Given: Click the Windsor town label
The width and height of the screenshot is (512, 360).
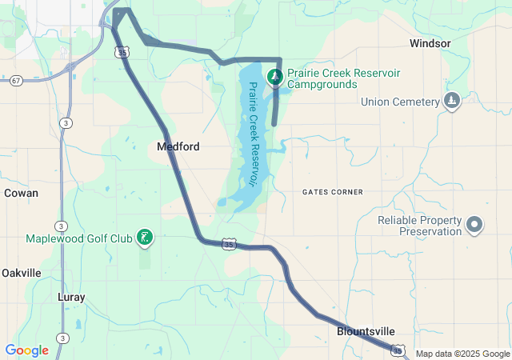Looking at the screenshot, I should coord(430,43).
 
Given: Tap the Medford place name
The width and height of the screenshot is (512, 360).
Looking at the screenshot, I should coord(178,147).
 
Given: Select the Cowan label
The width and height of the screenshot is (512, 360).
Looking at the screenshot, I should coord(21,193).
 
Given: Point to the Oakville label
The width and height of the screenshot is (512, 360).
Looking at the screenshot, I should coord(21,273).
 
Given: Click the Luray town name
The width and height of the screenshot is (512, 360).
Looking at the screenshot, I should coord(71,297).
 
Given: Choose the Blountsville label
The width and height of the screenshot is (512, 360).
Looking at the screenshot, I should coord(365,331).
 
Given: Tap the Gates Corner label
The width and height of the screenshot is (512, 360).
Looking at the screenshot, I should coord(333,192).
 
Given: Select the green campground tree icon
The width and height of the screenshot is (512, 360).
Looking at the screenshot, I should coord(275,77).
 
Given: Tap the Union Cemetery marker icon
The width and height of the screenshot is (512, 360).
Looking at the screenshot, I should coord(452,102).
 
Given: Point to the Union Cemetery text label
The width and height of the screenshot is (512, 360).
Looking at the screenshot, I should coord(400,102).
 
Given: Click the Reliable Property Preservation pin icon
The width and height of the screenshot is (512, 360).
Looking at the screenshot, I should coord(474,225).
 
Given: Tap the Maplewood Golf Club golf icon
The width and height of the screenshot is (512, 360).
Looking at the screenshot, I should coord(145,238).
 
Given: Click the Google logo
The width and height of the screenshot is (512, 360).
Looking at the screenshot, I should coord(26,350).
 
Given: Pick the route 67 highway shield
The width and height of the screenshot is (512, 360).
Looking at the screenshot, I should coord(16,81).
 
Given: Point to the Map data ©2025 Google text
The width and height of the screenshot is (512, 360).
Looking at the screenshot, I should coord(462,354).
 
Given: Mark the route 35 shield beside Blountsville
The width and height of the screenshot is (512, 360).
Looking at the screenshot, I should coord(398,350).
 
